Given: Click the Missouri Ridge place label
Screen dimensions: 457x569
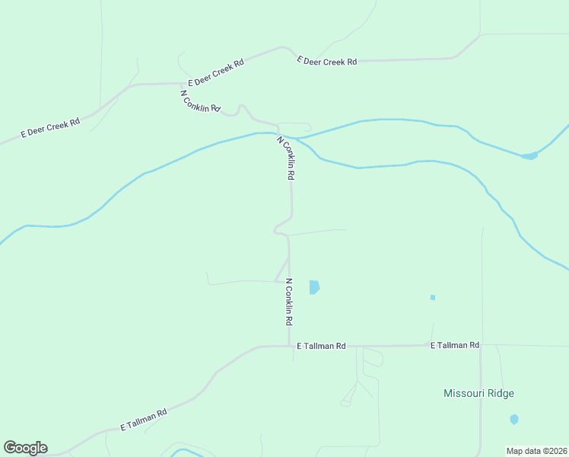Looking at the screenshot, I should pos(478,393).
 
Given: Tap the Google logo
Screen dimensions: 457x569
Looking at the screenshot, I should pos(25,448).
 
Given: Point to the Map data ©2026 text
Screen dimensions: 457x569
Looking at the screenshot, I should pos(536,450).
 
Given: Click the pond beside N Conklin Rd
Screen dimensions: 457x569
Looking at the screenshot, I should pos(314,287).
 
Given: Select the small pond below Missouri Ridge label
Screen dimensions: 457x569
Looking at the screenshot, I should pos(514,419).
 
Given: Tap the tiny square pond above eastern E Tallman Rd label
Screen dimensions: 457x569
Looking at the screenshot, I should pos(432,297).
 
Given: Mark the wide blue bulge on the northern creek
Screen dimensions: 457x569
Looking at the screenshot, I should pos(529,156).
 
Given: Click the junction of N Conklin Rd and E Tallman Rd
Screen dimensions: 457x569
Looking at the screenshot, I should pos(289,347).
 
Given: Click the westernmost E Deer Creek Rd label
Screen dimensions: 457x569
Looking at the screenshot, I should pos(50,127).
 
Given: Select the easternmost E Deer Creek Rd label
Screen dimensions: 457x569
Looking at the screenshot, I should pos(326,61).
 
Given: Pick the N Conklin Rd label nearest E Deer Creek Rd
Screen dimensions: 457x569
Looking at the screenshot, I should pos(200,102).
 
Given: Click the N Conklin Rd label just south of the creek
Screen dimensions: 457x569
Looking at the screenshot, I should pos(286,158).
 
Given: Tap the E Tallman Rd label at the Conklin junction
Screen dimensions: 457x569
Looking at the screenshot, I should pos(321,346).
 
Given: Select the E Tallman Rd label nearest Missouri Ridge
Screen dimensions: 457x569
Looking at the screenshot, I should pos(454,345).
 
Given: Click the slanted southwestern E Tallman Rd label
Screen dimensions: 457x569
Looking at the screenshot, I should pos(144,420).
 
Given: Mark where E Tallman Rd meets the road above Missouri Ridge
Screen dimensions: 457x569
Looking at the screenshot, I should pos(481,345).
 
